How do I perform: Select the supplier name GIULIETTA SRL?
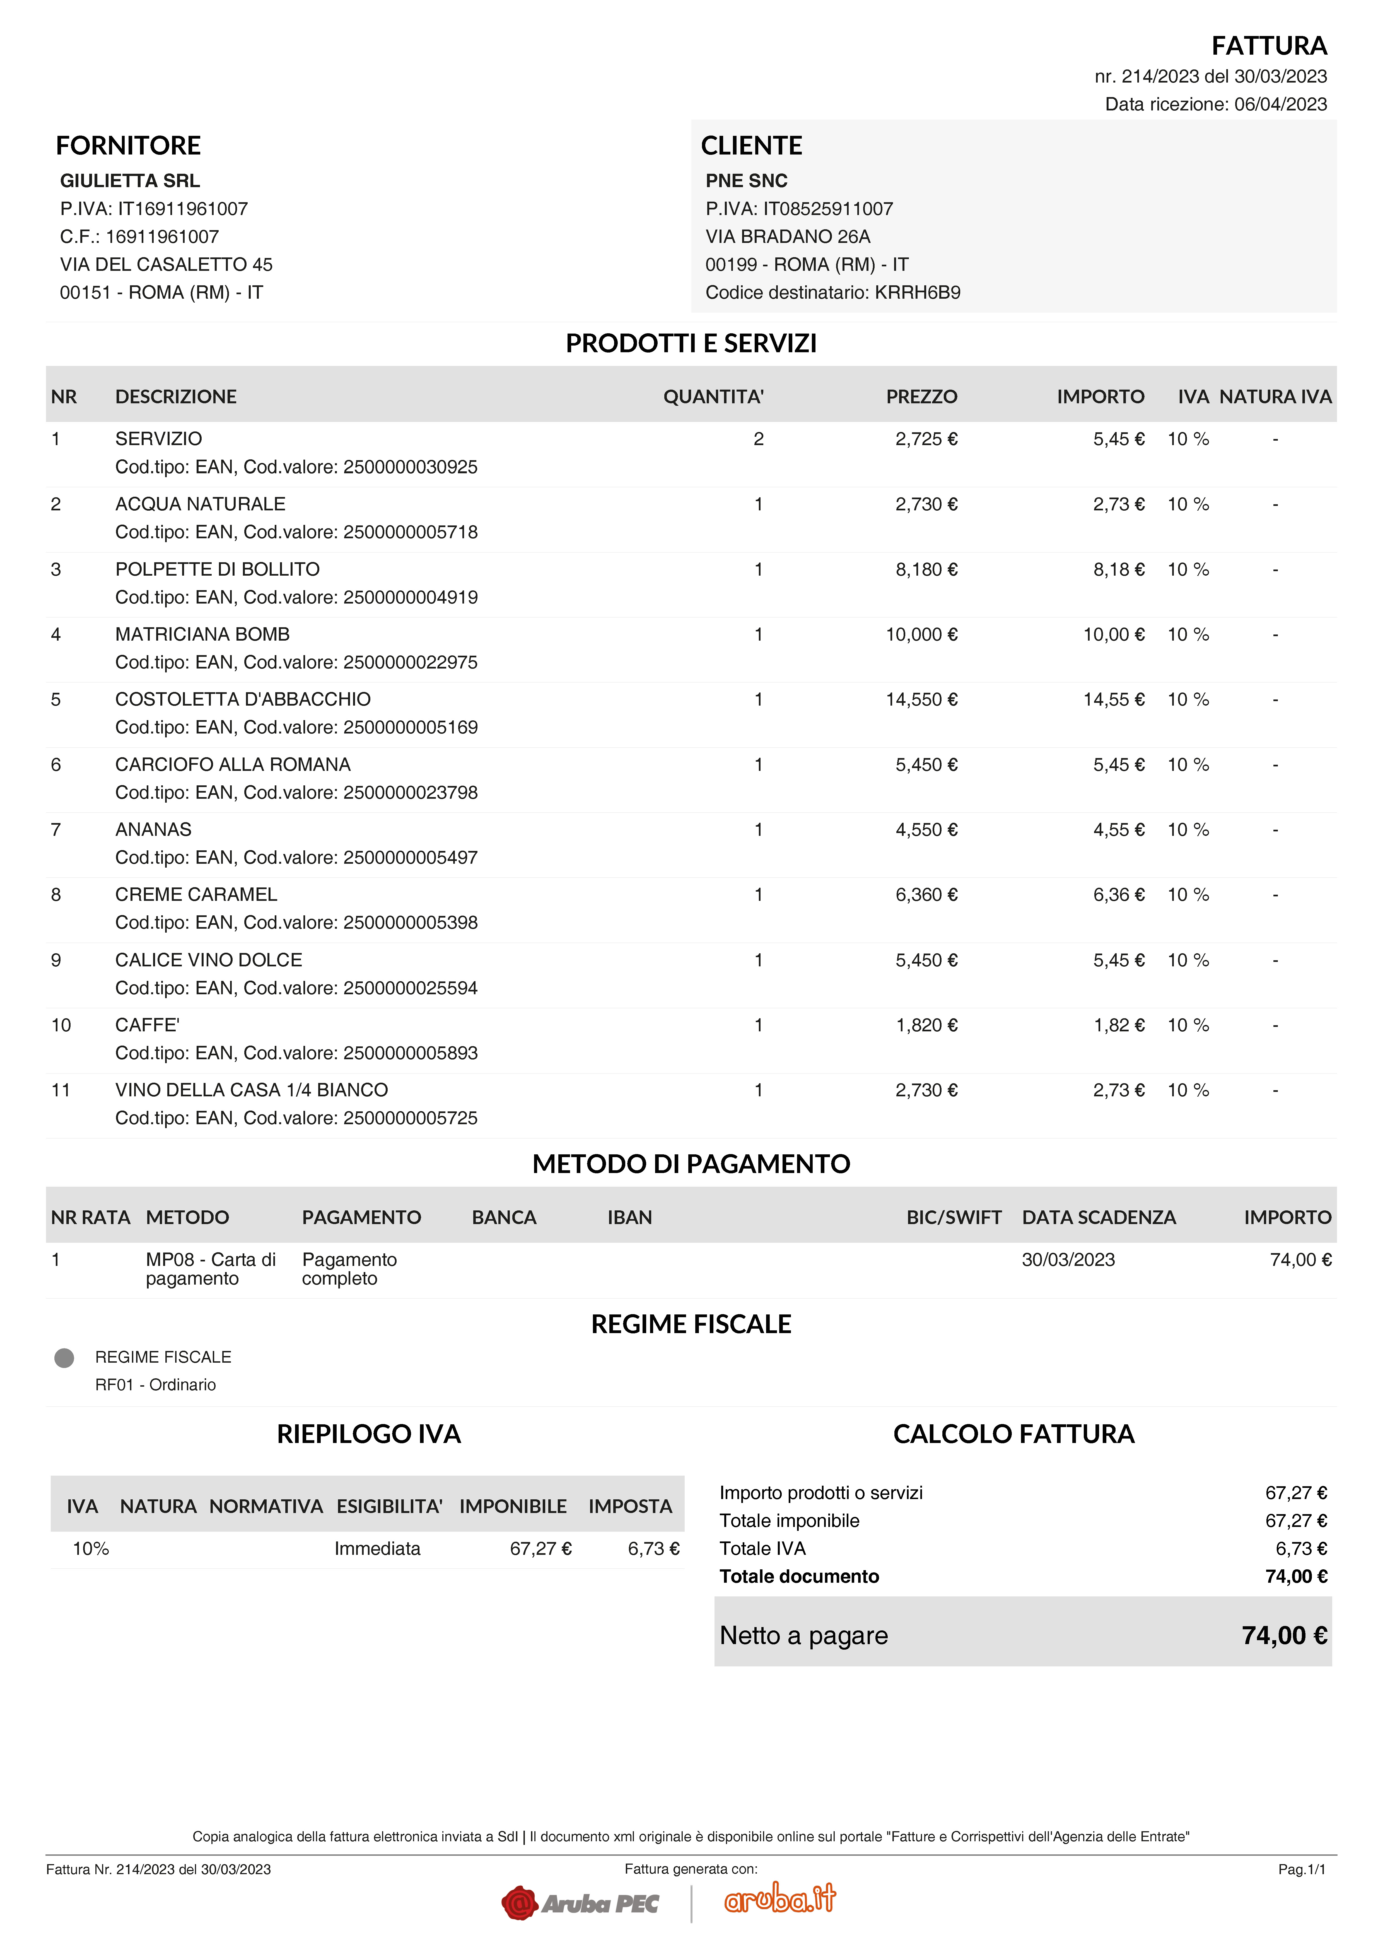129,181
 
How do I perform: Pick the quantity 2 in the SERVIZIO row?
757,439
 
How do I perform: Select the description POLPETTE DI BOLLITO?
217,570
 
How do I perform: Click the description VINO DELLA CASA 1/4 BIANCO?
251,1090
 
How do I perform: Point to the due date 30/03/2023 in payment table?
1068,1260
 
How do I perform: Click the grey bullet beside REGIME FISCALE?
64,1358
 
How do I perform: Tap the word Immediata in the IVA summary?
377,1549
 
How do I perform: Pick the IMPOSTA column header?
630,1506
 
